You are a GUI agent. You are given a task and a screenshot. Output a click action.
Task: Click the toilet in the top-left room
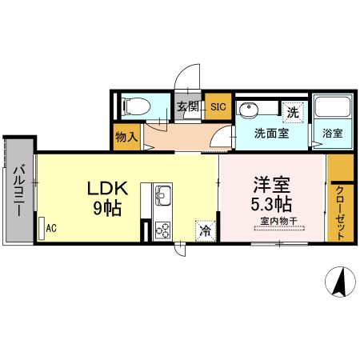pos(132,106)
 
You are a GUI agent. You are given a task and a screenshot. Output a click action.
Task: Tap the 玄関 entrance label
pos(187,106)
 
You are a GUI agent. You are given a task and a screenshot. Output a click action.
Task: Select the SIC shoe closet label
pos(218,106)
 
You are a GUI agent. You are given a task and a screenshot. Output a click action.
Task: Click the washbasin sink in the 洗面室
pos(251,110)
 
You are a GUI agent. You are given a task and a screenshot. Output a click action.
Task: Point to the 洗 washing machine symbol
pos(293,112)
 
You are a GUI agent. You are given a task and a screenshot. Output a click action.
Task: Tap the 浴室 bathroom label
pos(333,134)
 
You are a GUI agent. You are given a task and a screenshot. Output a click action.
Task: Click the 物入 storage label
pos(126,137)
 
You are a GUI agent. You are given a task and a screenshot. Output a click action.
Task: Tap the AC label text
pos(51,228)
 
